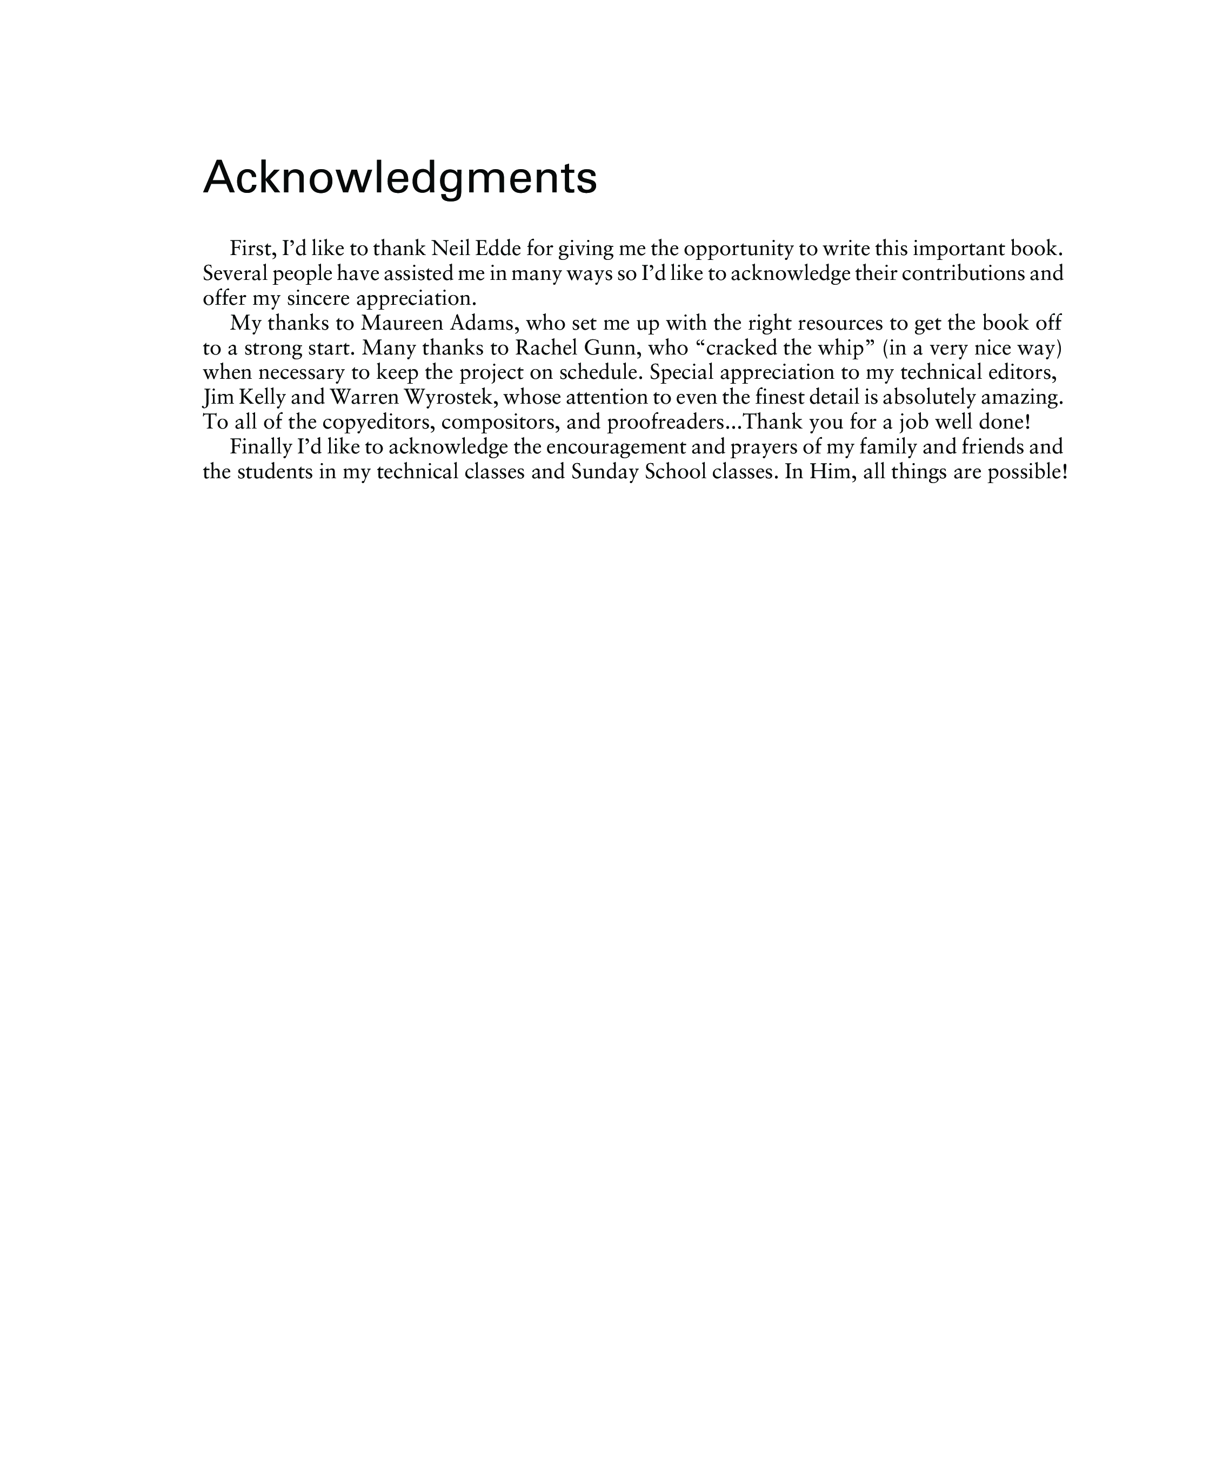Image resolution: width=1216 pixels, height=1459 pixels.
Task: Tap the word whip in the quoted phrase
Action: (841, 347)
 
